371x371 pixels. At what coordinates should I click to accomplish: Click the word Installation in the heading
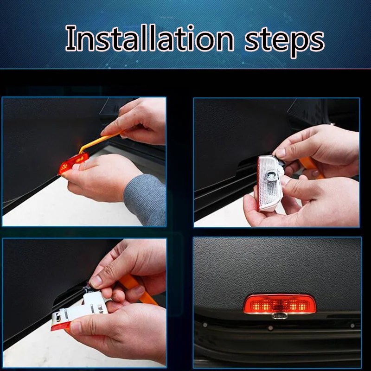pyautogui.click(x=149, y=38)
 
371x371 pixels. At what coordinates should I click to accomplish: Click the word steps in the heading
pyautogui.click(x=284, y=41)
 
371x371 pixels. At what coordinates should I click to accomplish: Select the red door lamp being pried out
pyautogui.click(x=73, y=163)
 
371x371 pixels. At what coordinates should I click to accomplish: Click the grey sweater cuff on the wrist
pyautogui.click(x=145, y=200)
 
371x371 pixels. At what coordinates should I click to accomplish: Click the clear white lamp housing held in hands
pyautogui.click(x=269, y=183)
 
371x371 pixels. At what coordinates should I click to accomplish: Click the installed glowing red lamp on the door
pyautogui.click(x=280, y=304)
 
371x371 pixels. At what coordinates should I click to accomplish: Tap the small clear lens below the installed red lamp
pyautogui.click(x=280, y=315)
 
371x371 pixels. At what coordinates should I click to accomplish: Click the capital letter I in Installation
pyautogui.click(x=71, y=38)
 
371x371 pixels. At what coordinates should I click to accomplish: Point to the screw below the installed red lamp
pyautogui.click(x=270, y=328)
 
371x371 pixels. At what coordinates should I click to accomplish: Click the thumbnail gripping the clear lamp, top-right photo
pyautogui.click(x=281, y=153)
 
